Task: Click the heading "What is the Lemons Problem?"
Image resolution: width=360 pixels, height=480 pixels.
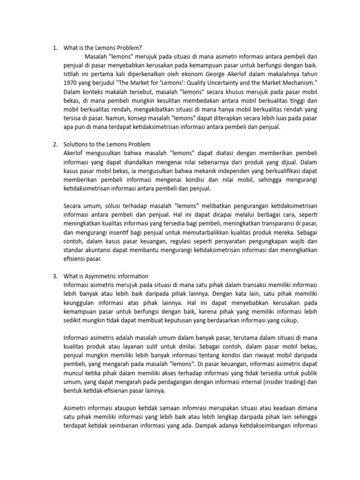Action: click(102, 47)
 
